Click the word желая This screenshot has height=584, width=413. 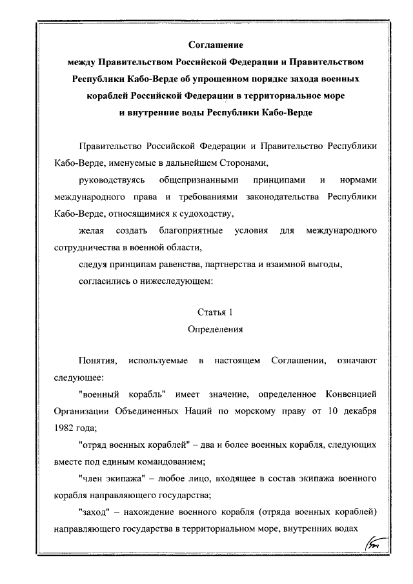click(89, 230)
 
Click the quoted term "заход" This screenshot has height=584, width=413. click(94, 511)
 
